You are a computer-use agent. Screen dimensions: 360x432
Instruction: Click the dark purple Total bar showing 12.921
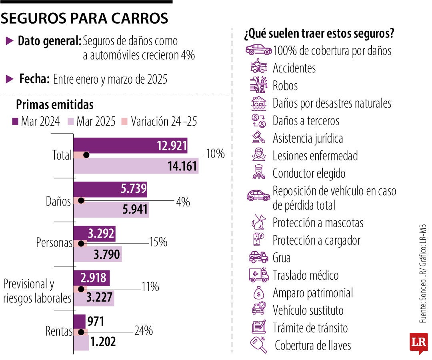point(130,146)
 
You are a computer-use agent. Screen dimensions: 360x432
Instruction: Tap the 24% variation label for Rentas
point(143,331)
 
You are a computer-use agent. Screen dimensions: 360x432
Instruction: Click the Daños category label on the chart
point(58,202)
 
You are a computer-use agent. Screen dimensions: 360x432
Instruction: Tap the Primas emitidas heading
point(54,104)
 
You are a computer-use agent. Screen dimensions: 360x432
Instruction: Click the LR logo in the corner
point(418,343)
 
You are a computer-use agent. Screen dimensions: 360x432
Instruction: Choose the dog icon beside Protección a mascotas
point(258,222)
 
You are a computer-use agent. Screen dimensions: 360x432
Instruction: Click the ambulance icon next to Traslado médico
point(258,275)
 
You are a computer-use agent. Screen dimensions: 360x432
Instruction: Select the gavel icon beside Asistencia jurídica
point(258,138)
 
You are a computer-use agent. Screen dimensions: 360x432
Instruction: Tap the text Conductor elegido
point(309,174)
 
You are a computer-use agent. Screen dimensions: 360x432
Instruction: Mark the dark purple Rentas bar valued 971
point(79,321)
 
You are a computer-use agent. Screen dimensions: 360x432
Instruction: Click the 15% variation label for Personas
point(158,242)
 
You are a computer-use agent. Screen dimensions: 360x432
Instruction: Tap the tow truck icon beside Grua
point(258,258)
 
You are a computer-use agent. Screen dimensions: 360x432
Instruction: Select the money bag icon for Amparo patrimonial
point(258,293)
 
